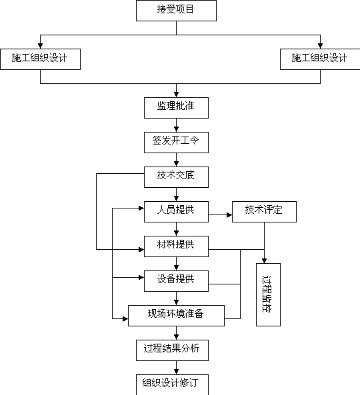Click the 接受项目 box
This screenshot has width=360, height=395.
pyautogui.click(x=176, y=11)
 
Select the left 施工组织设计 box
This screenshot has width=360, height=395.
pyautogui.click(x=41, y=59)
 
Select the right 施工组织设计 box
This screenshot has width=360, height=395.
pyautogui.click(x=320, y=59)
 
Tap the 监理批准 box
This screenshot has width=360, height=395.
pyautogui.click(x=176, y=108)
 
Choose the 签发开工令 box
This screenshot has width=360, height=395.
pyautogui.click(x=176, y=143)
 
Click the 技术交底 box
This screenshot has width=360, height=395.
pyautogui.click(x=176, y=177)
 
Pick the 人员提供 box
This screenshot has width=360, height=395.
pyautogui.click(x=176, y=212)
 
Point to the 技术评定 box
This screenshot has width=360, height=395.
pyautogui.click(x=264, y=212)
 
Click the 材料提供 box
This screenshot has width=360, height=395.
pyautogui.click(x=176, y=246)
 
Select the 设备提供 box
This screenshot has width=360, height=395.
pyautogui.click(x=176, y=281)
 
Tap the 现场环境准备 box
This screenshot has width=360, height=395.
pyautogui.click(x=176, y=316)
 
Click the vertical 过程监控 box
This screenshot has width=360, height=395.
pyautogui.click(x=268, y=294)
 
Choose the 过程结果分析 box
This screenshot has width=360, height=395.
pyautogui.click(x=172, y=350)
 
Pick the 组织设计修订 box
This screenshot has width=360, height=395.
pyautogui.click(x=172, y=384)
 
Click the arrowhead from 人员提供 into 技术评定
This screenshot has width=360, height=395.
pyautogui.click(x=229, y=215)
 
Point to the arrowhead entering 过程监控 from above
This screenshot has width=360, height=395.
pyautogui.click(x=264, y=260)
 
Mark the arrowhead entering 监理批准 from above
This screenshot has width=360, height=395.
pyautogui.click(x=176, y=95)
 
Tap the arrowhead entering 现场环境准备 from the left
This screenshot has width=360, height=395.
pyautogui.click(x=125, y=319)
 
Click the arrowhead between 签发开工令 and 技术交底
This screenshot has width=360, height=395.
pyautogui.click(x=176, y=164)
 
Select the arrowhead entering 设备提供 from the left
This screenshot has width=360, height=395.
pyautogui.click(x=141, y=277)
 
